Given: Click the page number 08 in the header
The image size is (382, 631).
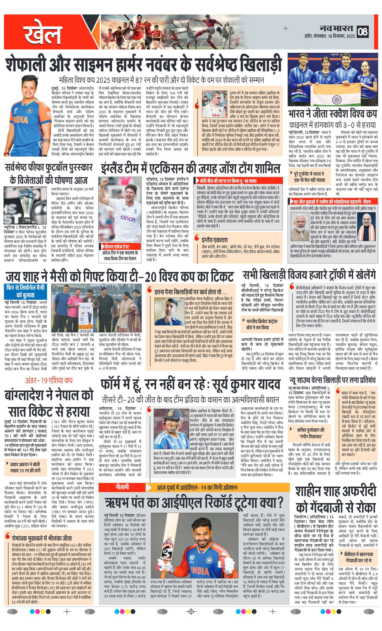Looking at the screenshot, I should tap(363, 31).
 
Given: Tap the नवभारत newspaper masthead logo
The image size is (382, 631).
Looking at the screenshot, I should tap(336, 28).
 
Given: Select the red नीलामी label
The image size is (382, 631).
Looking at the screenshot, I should tap(122, 487).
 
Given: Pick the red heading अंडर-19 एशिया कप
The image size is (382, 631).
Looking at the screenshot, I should tap(49, 381).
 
